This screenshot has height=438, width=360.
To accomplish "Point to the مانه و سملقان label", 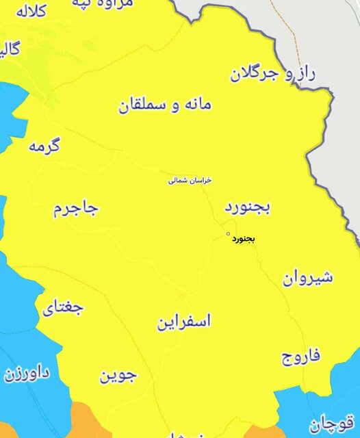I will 165,105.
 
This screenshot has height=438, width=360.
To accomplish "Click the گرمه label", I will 44,146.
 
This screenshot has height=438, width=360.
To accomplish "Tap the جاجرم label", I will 76,209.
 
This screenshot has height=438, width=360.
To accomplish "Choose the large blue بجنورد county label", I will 248,207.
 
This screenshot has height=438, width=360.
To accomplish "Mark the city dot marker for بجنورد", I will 228,233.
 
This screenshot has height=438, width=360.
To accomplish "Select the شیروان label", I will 307,278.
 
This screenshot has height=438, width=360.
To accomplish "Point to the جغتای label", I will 64,307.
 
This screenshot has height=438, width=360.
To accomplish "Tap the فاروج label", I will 300,357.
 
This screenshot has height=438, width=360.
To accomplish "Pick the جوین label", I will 118,375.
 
